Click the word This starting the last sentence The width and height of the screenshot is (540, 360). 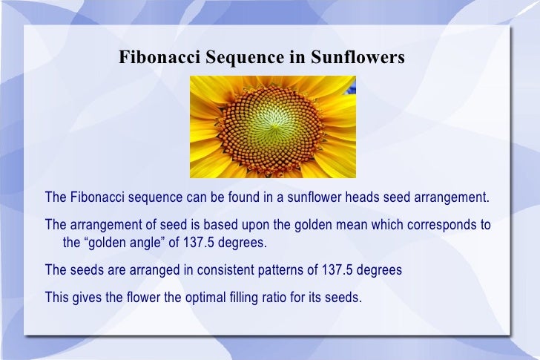click(57, 298)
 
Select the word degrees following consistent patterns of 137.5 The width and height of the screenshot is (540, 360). click(379, 271)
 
